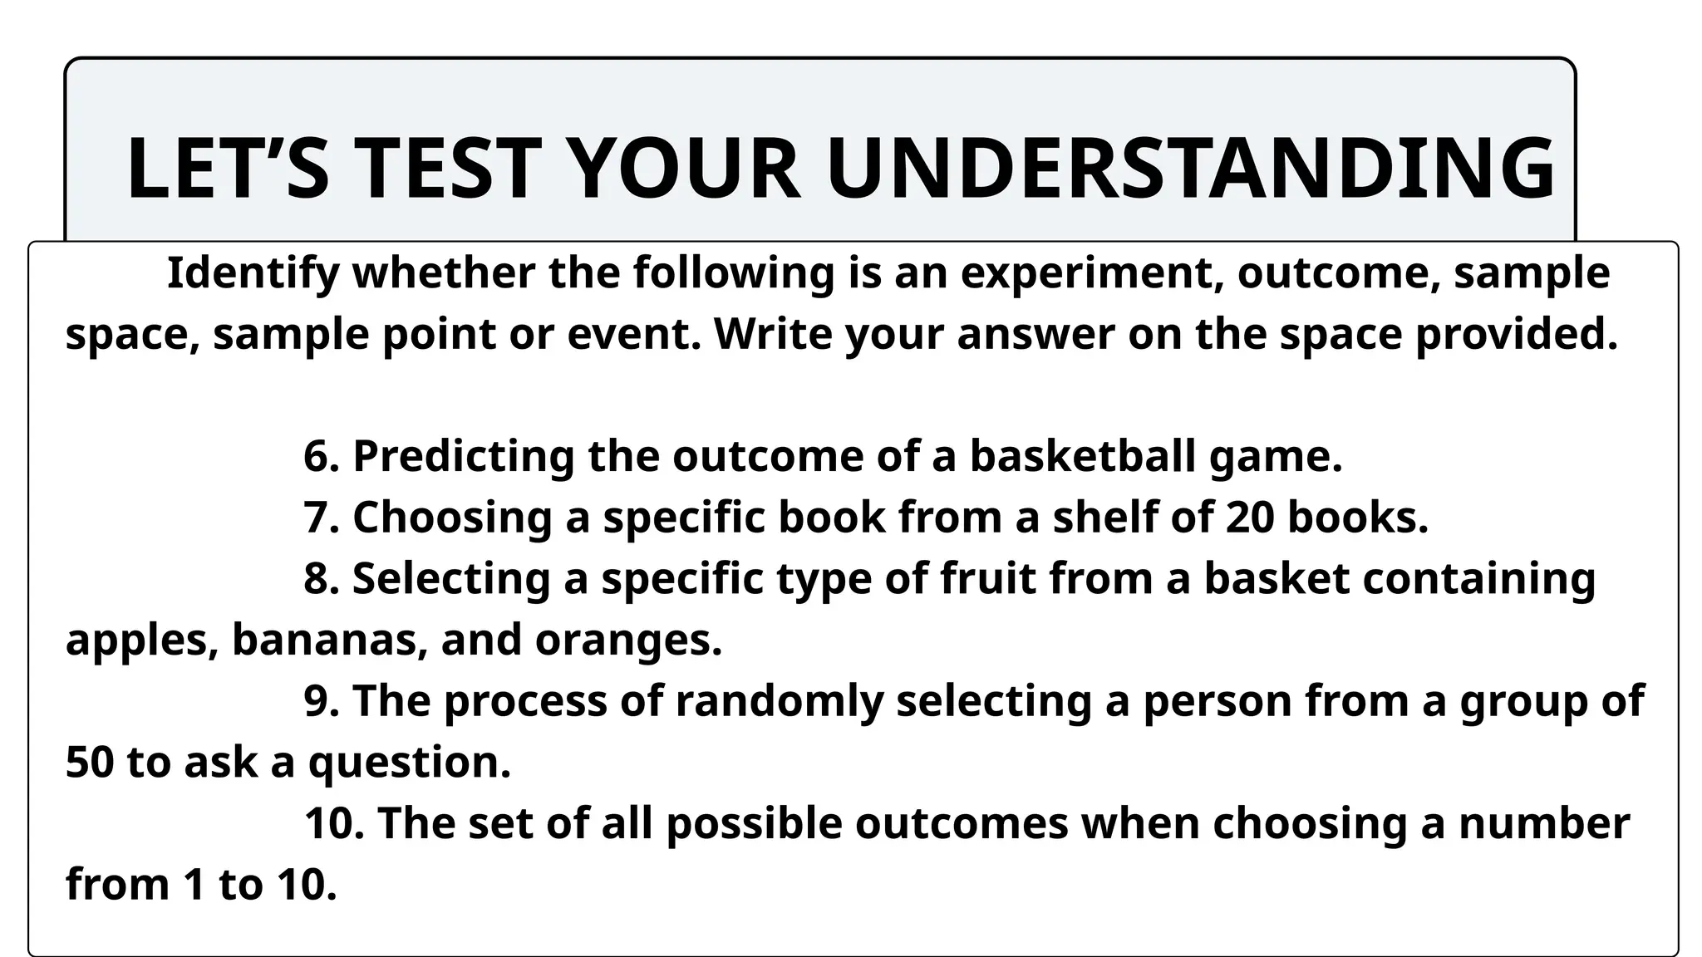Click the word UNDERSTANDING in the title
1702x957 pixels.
(1190, 169)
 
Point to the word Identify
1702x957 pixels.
(253, 274)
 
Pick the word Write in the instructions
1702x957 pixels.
(772, 335)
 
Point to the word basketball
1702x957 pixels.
(1083, 457)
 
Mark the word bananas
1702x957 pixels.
(329, 640)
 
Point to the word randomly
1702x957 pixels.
(779, 701)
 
